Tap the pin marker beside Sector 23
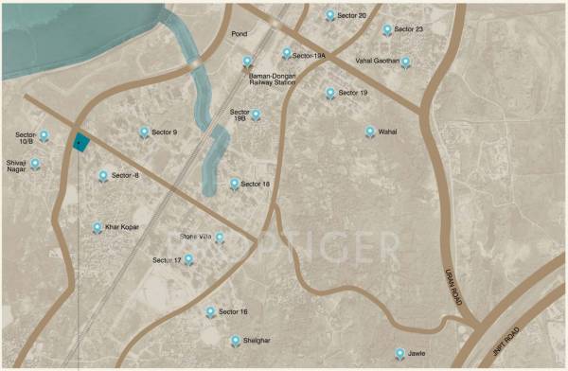tap(387, 29)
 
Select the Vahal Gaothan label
tap(377, 61)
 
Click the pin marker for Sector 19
tap(329, 93)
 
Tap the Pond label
tap(239, 34)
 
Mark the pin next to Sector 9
tap(144, 132)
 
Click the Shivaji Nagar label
tap(15, 167)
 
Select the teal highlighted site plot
tap(80, 143)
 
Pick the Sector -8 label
tap(125, 175)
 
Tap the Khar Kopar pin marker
tap(97, 227)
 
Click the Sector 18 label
tap(255, 184)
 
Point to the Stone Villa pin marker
tap(219, 238)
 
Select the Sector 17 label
tap(166, 259)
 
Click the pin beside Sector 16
tap(209, 311)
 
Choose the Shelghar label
tap(256, 339)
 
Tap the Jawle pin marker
tap(399, 353)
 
